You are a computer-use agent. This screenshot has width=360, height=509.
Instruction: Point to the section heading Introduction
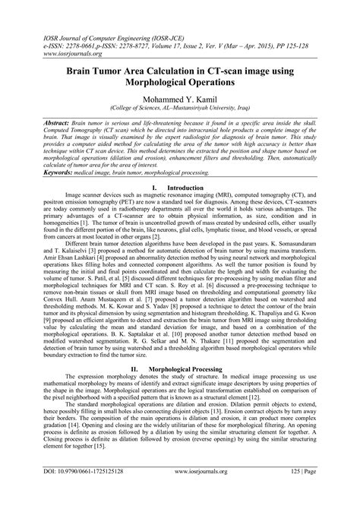click(191, 186)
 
